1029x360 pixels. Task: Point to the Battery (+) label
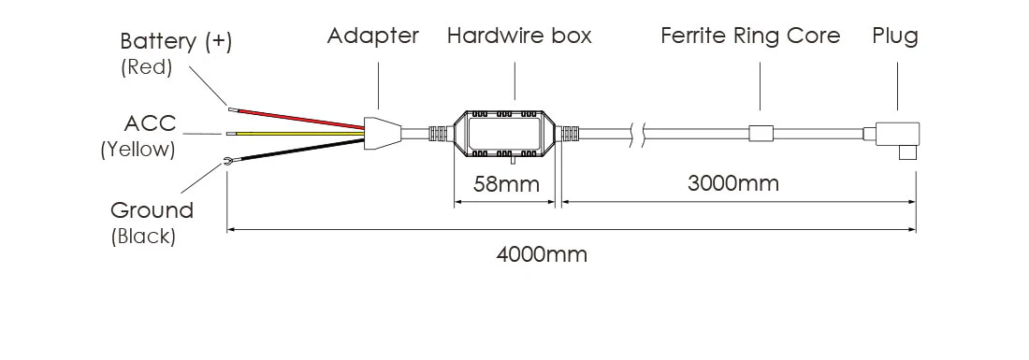176,42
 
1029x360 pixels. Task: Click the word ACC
150,123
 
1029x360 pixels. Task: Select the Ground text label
152,209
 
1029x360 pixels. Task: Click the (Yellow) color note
138,149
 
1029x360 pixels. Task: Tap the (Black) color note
143,237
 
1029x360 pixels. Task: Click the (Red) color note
148,67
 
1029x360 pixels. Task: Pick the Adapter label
372,36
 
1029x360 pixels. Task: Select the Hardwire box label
519,36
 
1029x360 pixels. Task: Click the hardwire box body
504,134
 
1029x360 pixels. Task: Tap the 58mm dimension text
506,183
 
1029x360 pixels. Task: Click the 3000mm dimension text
733,182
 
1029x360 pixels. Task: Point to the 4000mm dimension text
542,253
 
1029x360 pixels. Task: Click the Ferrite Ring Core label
750,36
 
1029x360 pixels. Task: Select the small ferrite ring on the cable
761,134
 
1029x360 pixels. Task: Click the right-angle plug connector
896,138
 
